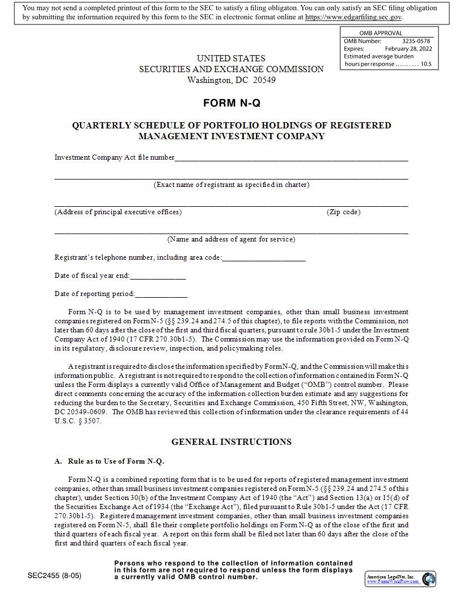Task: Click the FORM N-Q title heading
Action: point(231,103)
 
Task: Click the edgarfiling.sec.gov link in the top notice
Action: point(353,17)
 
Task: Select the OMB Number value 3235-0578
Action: point(416,41)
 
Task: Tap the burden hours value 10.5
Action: point(426,64)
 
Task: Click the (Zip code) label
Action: point(343,212)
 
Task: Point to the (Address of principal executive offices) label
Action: point(118,212)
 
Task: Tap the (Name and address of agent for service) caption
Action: point(231,239)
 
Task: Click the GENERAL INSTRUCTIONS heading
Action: point(231,442)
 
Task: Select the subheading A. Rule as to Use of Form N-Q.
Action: point(110,461)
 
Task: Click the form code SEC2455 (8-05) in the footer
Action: point(54,576)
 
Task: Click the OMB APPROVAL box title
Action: point(381,33)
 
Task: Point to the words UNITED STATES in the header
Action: point(231,59)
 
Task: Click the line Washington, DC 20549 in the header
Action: point(231,80)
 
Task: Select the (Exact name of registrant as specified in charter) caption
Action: point(231,185)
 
